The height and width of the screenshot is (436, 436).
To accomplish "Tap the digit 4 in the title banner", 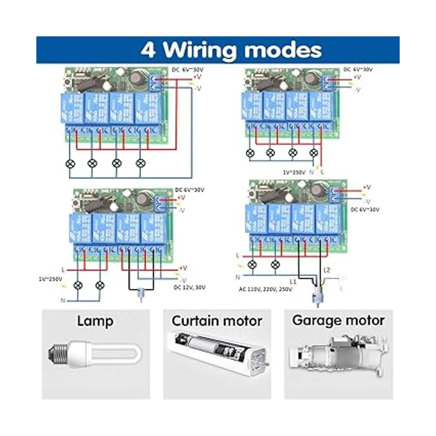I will click(148, 50).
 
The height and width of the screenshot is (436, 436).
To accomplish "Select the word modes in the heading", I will click(282, 50).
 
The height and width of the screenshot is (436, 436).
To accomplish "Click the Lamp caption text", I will click(95, 322).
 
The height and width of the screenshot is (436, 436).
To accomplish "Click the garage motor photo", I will click(338, 354).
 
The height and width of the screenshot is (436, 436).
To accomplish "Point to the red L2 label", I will click(327, 270).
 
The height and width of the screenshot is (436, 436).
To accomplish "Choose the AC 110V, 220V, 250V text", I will click(265, 290).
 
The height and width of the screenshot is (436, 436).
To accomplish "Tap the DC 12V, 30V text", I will click(190, 287).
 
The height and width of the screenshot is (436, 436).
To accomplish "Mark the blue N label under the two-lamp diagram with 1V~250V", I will click(63, 300).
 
